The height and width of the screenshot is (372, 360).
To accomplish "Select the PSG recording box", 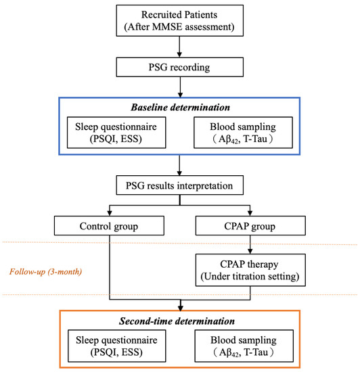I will pos(179,68).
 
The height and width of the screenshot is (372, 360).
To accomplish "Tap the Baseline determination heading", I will pos(179,106).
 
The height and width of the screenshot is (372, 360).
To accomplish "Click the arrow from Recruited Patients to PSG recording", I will pos(179,47).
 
